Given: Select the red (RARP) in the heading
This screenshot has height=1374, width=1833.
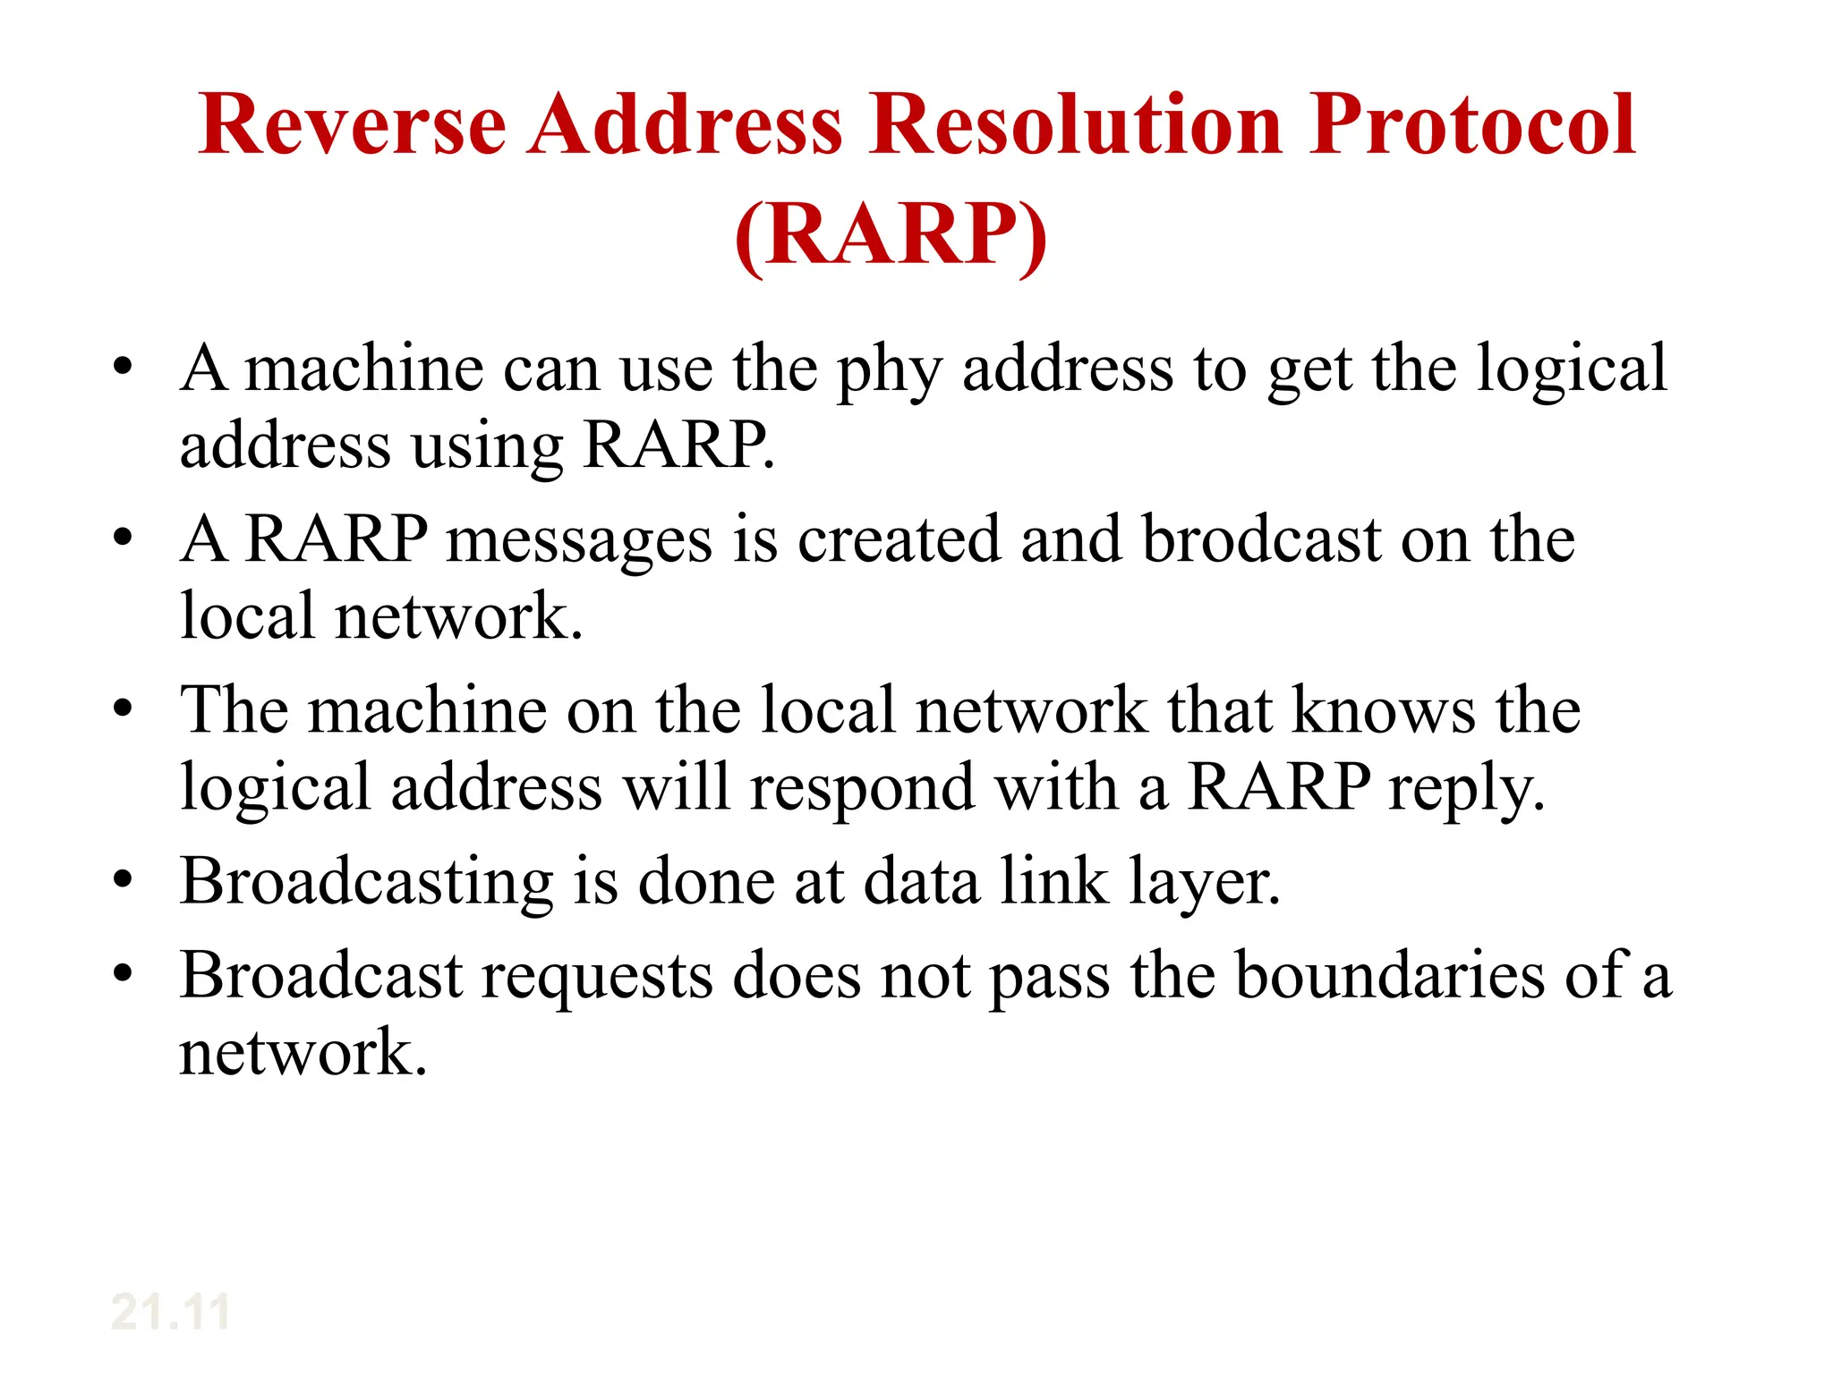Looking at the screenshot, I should pyautogui.click(x=891, y=235).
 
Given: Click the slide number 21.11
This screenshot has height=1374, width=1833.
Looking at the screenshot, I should pyautogui.click(x=170, y=1312).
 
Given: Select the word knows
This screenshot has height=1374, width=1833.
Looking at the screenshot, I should pyautogui.click(x=1384, y=710).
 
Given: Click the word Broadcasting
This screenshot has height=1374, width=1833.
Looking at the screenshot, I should pyautogui.click(x=367, y=883).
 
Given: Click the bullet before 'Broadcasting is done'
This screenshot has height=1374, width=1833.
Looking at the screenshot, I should pyautogui.click(x=123, y=881).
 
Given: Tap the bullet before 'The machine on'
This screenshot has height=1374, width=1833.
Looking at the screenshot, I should pyautogui.click(x=123, y=709).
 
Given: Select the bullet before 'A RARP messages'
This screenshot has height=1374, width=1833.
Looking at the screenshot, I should pyautogui.click(x=123, y=539).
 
